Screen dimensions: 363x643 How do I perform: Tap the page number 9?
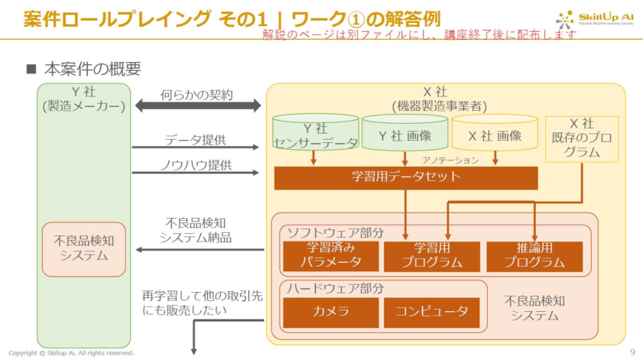632,352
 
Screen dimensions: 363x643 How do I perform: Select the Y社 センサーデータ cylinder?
316,135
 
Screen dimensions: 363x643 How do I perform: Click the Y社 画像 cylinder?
404,135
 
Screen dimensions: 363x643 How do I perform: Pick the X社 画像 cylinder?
494,135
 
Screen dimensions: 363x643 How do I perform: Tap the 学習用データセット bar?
406,177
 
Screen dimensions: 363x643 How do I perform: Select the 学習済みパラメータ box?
330,257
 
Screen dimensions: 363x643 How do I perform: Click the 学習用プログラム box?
431,257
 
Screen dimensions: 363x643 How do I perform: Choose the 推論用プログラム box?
534,257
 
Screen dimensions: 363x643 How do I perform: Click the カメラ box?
330,312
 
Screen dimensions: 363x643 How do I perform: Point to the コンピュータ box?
431,312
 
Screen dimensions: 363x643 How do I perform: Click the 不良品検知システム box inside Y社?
83,248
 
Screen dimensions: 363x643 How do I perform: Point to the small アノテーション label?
450,160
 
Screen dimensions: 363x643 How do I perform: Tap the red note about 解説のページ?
420,35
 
